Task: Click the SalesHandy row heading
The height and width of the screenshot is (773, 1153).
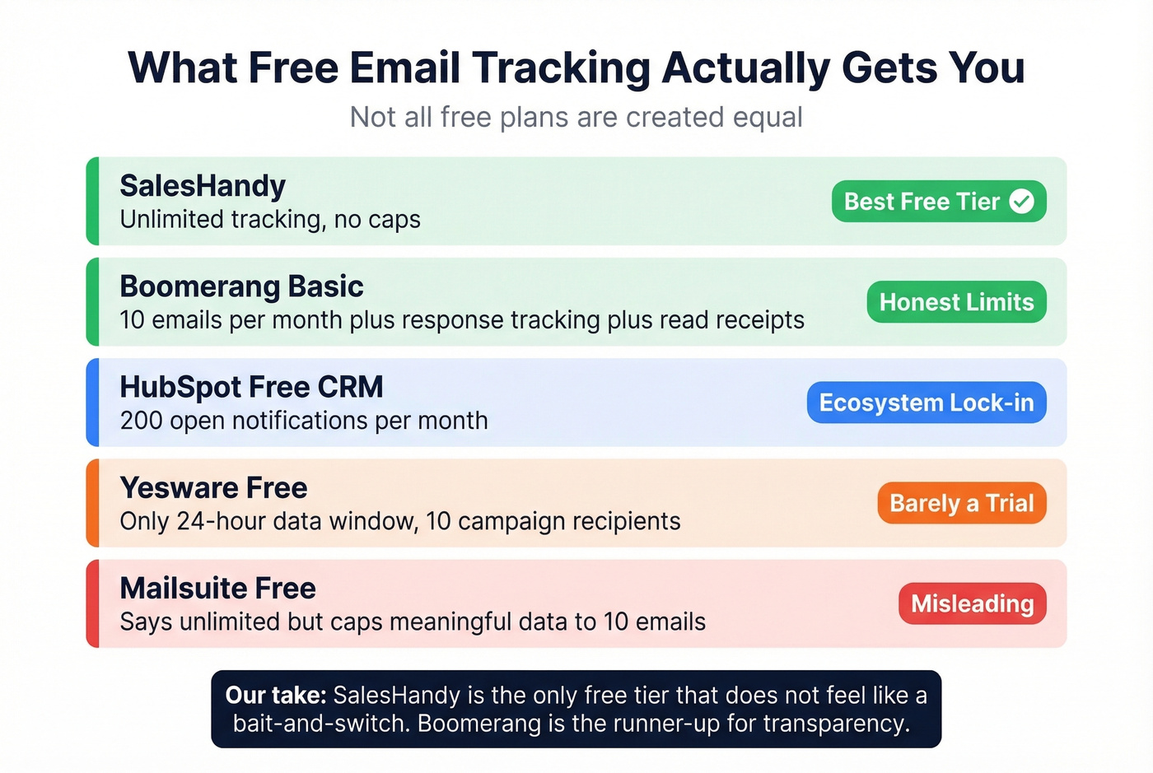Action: (203, 186)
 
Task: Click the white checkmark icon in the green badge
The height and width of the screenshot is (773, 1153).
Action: (1022, 202)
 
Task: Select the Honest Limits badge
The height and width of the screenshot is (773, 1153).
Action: (956, 302)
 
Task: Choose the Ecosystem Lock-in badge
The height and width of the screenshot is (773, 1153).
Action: (926, 403)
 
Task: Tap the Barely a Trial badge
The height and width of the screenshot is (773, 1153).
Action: (961, 503)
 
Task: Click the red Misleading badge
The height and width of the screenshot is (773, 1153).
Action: (972, 603)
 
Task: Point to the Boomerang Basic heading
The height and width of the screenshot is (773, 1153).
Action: (241, 286)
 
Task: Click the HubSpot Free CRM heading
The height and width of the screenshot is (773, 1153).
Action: (251, 387)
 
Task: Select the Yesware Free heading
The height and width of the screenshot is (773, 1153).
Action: (213, 488)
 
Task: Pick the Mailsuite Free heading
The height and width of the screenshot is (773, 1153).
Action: (217, 589)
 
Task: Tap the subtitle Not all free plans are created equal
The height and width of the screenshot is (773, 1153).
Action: (576, 117)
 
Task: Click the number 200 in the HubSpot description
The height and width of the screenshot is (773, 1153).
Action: (141, 421)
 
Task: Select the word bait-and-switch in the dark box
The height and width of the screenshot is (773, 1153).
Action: (321, 724)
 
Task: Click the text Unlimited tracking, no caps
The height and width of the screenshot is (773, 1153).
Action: (270, 220)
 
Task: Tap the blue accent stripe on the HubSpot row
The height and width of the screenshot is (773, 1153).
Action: (93, 403)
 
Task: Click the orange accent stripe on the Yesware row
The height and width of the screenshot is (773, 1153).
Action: (93, 503)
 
